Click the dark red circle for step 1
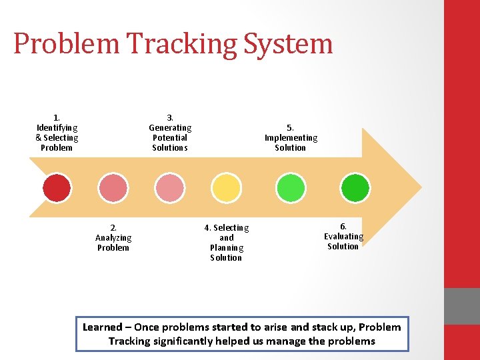coord(57,188)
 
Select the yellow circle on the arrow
coord(227,188)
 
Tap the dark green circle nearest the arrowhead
coord(355,188)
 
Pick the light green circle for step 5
coord(291,188)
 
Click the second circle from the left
coord(113,188)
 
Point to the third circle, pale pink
coord(170,188)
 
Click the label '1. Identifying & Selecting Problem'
coord(57,133)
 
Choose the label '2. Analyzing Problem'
coord(113,238)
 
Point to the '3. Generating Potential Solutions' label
coord(170,133)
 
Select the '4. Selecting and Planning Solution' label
coord(227,243)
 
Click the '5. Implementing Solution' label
coord(291,137)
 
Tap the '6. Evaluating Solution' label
coord(343,237)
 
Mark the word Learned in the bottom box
coord(102,327)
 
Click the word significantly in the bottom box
coord(185,341)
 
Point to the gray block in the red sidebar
coord(462,306)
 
